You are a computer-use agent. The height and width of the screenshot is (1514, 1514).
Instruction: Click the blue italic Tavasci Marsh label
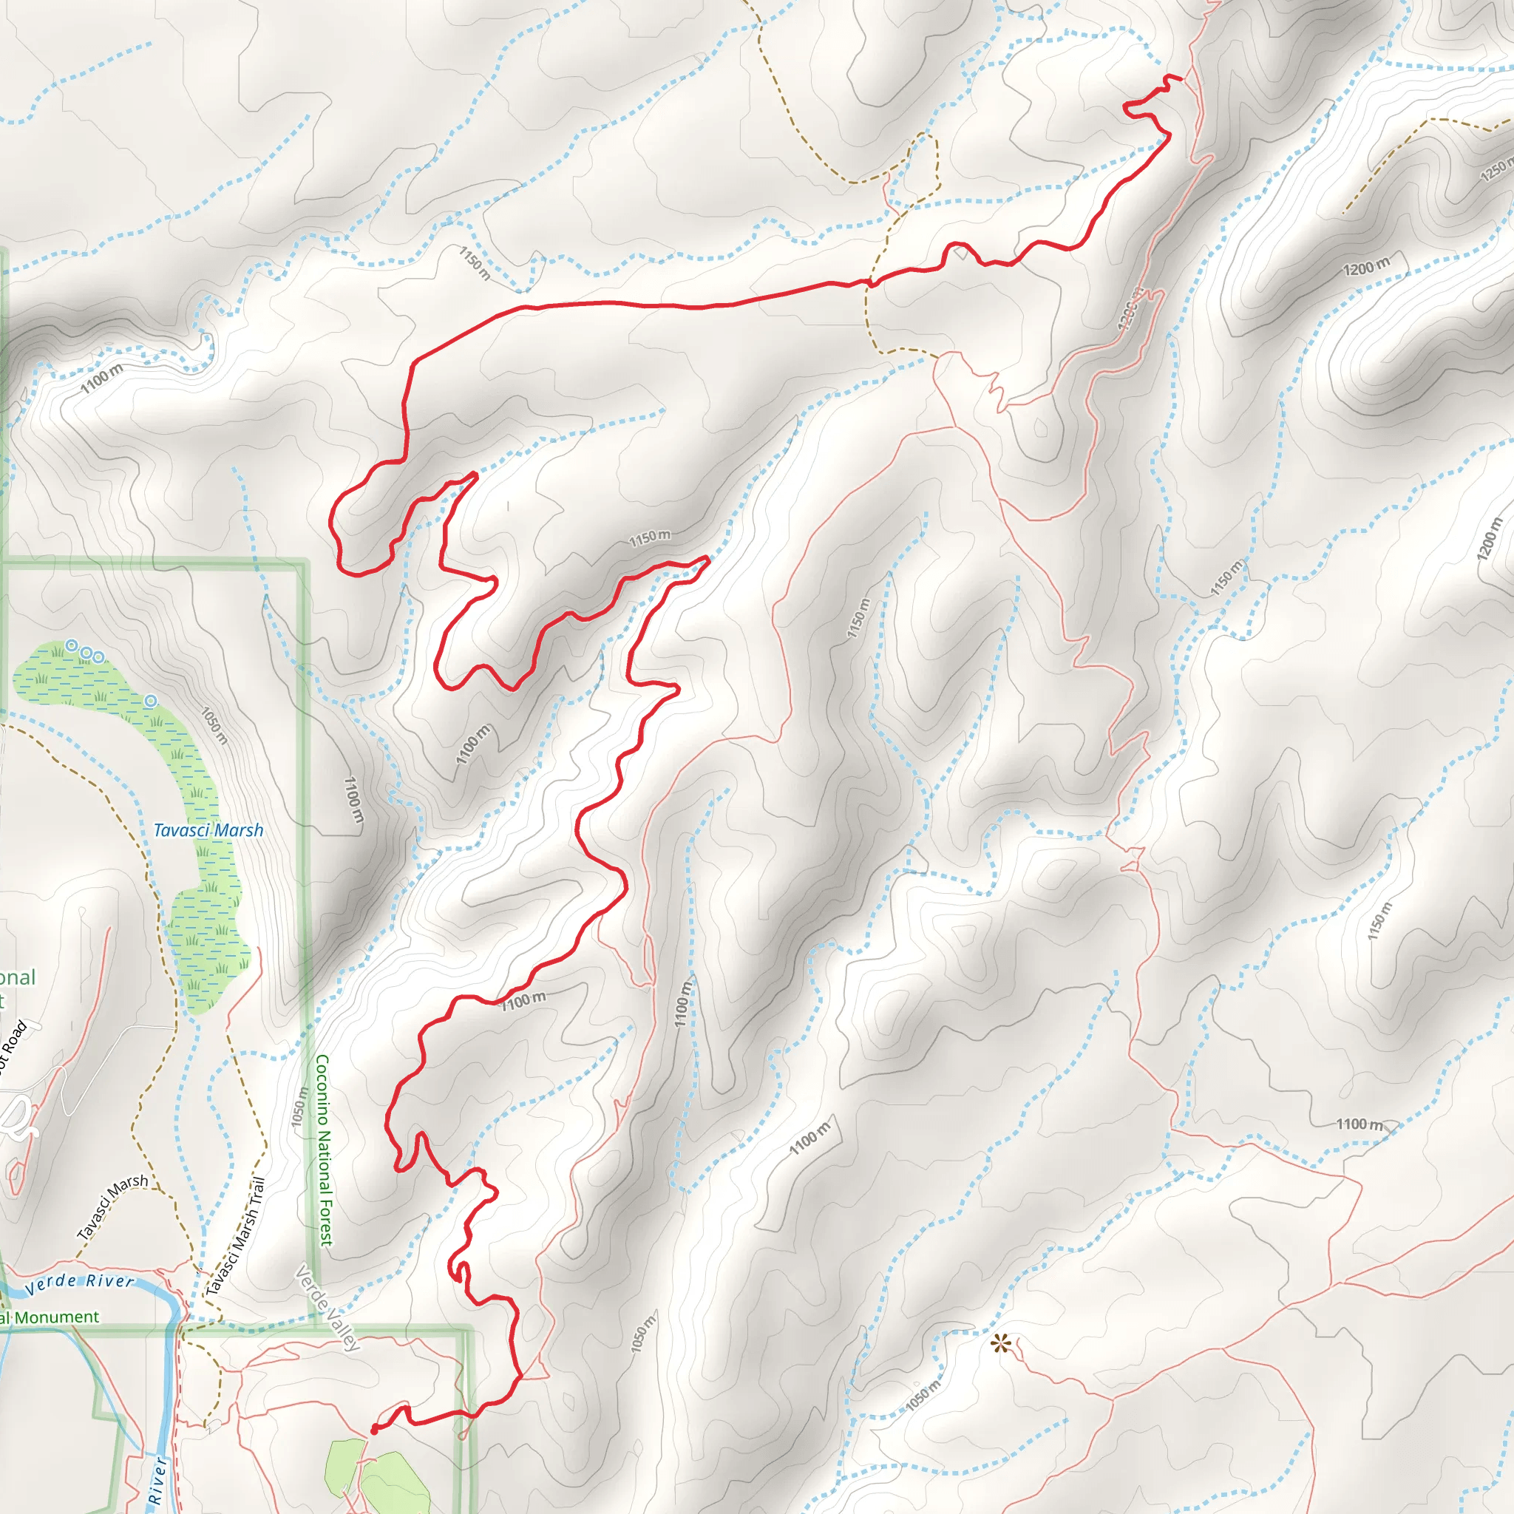[208, 830]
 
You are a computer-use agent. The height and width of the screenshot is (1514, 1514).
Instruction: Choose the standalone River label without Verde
[157, 1480]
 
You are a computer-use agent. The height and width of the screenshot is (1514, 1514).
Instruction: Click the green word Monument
[56, 1317]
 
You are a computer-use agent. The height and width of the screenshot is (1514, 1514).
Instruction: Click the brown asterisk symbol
[1001, 1345]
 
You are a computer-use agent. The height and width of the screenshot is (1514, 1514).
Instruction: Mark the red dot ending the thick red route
[373, 1430]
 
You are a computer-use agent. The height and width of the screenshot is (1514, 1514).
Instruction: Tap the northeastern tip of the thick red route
[1180, 78]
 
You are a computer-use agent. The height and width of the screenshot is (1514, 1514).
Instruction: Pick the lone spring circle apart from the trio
[151, 701]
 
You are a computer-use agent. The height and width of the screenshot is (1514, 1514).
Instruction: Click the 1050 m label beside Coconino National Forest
[299, 1107]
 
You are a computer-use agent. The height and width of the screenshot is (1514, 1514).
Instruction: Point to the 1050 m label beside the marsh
[214, 726]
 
